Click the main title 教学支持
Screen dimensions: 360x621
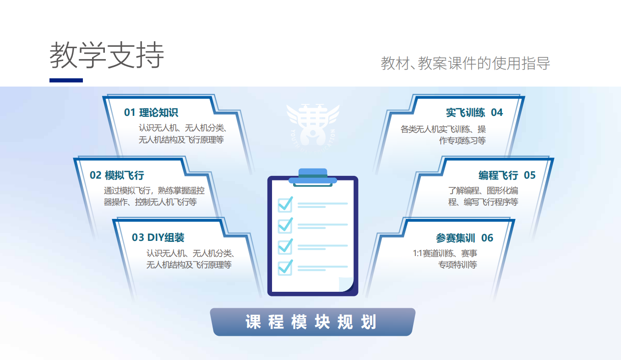click(x=107, y=55)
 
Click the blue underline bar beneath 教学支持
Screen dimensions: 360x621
click(x=66, y=80)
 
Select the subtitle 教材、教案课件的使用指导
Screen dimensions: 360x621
click(x=465, y=63)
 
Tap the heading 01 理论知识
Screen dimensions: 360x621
click(x=151, y=113)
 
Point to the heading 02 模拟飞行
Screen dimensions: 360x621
click(x=117, y=175)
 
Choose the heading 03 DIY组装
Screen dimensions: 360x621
click(x=158, y=238)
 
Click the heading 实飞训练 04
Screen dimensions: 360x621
click(x=474, y=113)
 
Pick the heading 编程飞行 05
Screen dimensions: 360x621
click(x=507, y=175)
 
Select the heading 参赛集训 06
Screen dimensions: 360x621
click(x=464, y=238)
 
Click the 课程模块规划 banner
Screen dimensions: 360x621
click(x=311, y=322)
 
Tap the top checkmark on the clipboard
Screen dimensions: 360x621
click(x=285, y=204)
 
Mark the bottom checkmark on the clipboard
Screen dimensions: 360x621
click(x=285, y=267)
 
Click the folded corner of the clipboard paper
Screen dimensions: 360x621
click(x=345, y=284)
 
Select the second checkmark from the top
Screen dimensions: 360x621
click(x=285, y=225)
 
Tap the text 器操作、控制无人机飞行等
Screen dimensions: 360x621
click(x=150, y=202)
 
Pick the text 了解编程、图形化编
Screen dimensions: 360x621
click(x=483, y=191)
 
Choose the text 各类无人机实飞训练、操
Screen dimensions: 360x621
click(x=443, y=129)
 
